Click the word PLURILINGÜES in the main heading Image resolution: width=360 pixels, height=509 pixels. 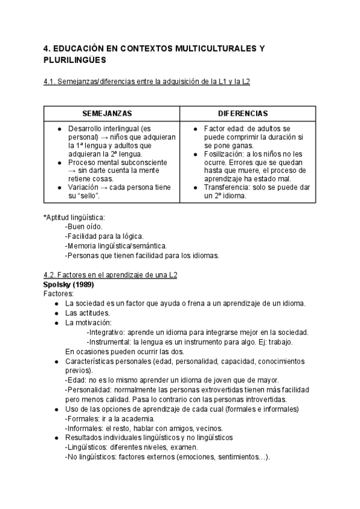75,60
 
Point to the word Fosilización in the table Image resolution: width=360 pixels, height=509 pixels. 224,154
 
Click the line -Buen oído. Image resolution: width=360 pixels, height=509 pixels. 83,226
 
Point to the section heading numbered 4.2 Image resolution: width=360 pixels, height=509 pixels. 111,275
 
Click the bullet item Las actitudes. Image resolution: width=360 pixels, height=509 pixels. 86,313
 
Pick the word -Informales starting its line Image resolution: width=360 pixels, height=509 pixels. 83,428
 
